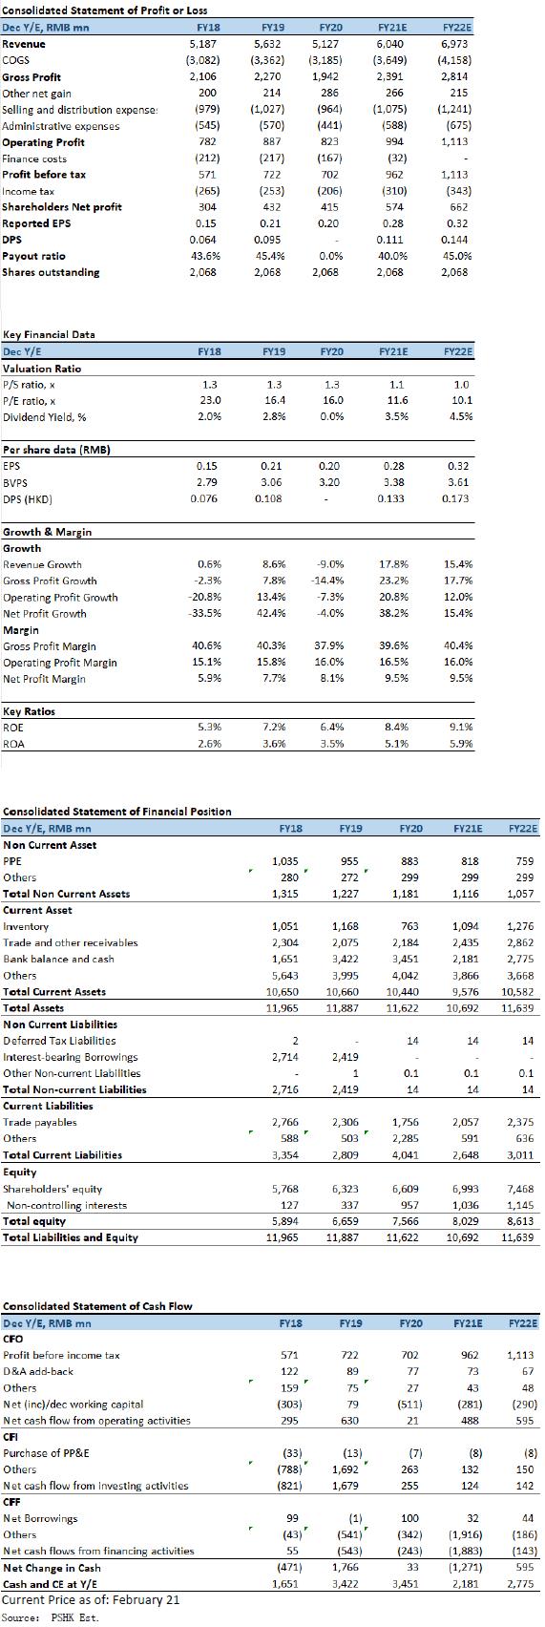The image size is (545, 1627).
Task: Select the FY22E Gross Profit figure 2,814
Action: tap(454, 77)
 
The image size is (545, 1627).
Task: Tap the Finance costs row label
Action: tap(34, 159)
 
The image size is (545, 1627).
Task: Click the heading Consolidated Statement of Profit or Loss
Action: tap(105, 11)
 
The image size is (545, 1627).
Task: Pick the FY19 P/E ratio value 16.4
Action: tap(274, 400)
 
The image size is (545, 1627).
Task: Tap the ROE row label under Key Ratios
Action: tap(13, 728)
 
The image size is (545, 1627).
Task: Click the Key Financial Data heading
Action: tap(50, 335)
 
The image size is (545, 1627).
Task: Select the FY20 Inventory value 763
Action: tap(410, 926)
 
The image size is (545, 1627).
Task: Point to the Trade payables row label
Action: tap(40, 1122)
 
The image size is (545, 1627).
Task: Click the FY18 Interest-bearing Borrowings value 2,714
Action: tap(284, 1057)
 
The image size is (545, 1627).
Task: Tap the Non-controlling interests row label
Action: tap(67, 1205)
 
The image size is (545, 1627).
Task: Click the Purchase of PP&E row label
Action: tap(41, 1452)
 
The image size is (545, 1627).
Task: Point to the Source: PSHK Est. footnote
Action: tap(50, 1617)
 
